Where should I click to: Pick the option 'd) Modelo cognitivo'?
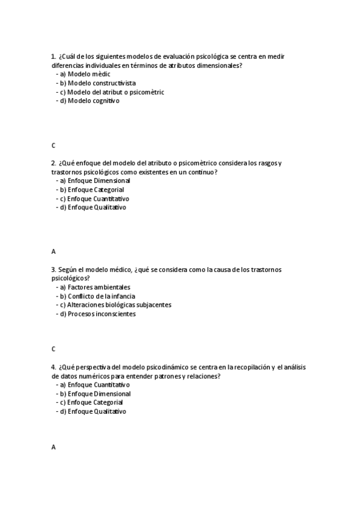(x=90, y=101)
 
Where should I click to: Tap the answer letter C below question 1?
(x=53, y=146)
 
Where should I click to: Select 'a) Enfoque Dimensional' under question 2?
(x=94, y=180)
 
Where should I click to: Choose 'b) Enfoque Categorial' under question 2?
(x=91, y=189)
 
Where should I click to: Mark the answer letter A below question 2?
(x=53, y=251)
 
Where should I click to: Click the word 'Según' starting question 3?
(x=66, y=269)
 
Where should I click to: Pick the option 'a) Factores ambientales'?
(x=96, y=287)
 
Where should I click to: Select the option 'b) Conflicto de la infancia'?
(x=97, y=296)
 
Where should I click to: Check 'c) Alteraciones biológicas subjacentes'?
(x=115, y=305)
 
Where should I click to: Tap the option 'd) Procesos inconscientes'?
(x=97, y=314)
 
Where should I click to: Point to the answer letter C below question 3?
(x=53, y=349)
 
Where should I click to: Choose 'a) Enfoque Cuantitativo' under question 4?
(x=95, y=384)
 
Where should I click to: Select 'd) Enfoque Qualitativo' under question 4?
(x=93, y=411)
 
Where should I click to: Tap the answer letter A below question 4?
(x=53, y=447)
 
